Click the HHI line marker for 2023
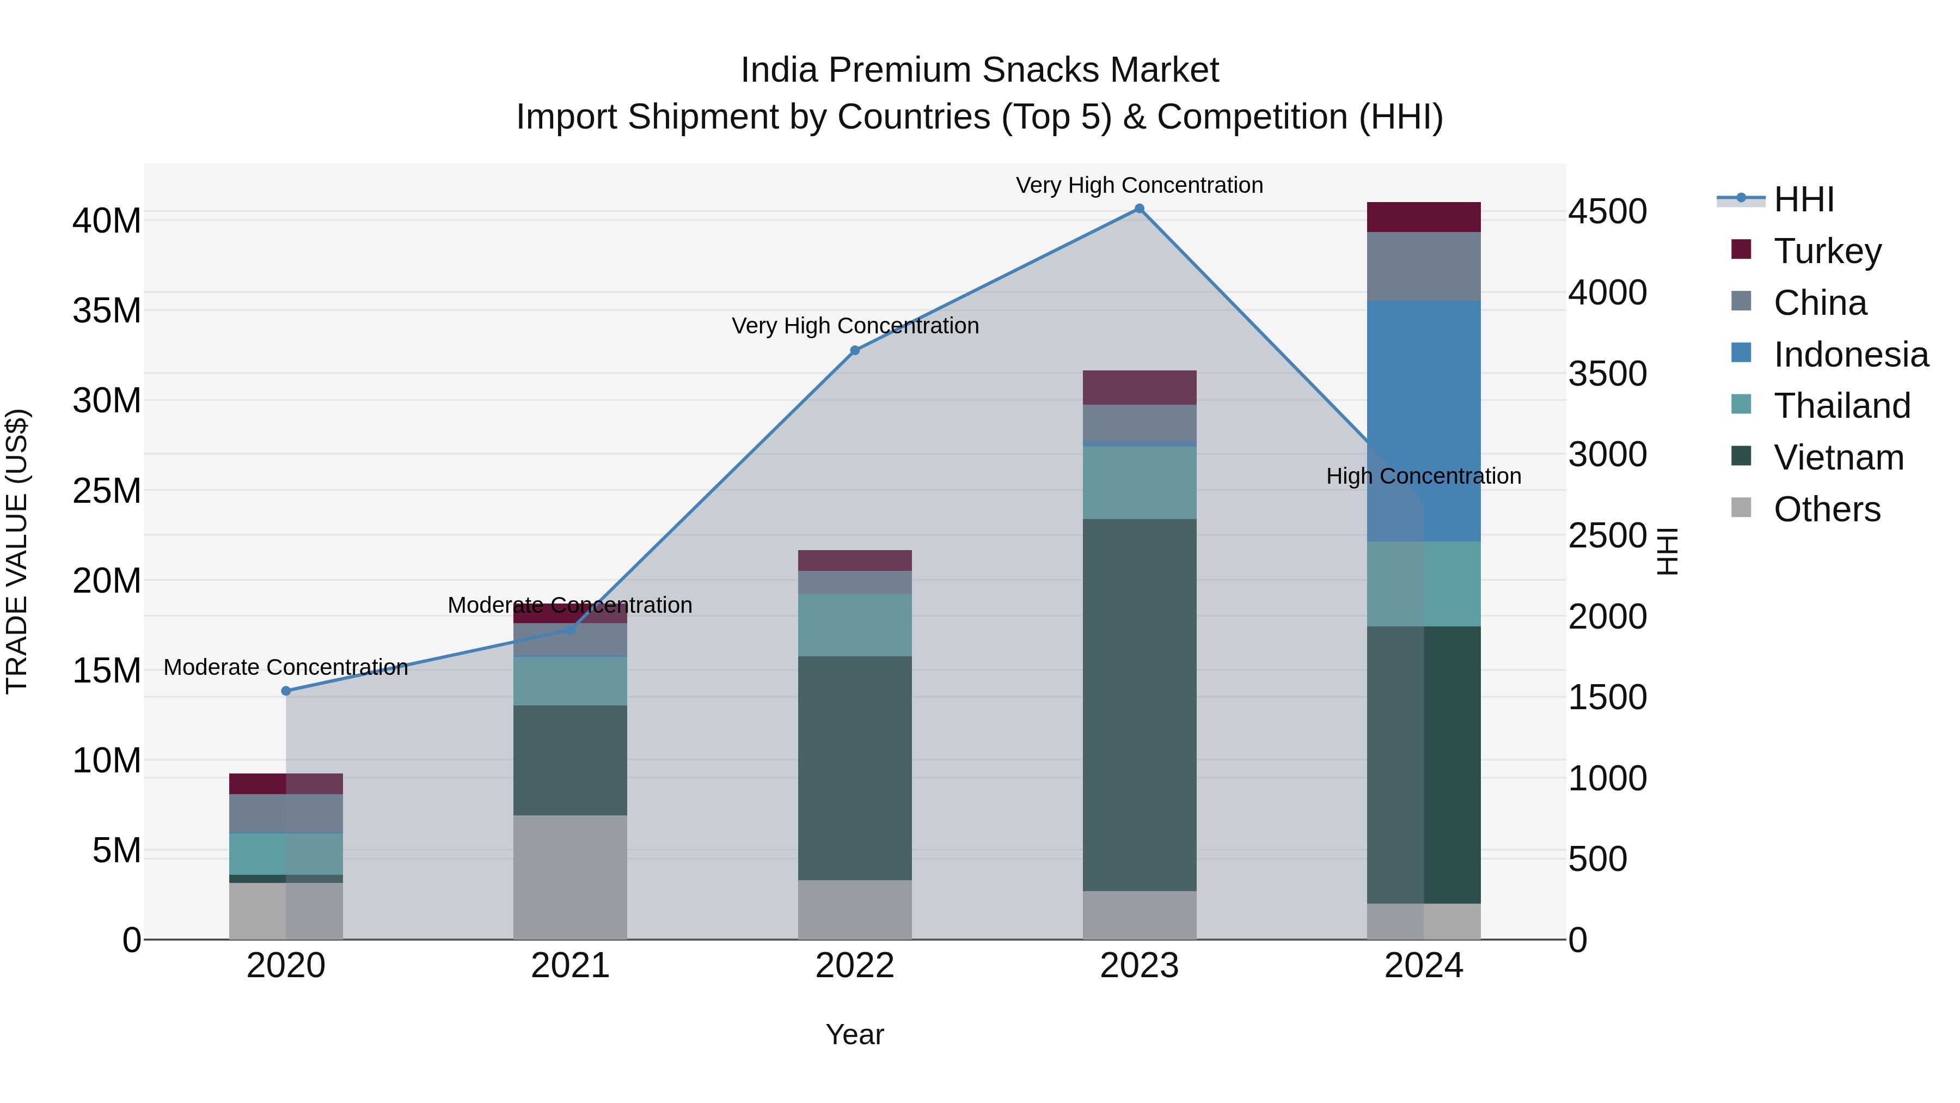tap(1139, 209)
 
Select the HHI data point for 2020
tap(286, 691)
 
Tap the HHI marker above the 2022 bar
tap(854, 351)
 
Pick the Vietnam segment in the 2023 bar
tap(1139, 704)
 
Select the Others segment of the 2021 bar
tap(570, 877)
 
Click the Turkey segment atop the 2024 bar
tap(1424, 217)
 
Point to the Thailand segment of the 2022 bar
tap(854, 625)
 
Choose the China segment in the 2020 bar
tap(286, 814)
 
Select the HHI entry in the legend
tap(1803, 199)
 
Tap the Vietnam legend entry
tap(1837, 458)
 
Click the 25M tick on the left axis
tap(107, 491)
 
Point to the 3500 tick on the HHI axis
tap(1607, 374)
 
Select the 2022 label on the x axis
tap(854, 966)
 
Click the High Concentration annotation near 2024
tap(1424, 477)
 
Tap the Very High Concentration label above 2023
tap(1139, 185)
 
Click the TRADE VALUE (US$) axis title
tap(17, 551)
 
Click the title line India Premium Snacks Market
tap(979, 70)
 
